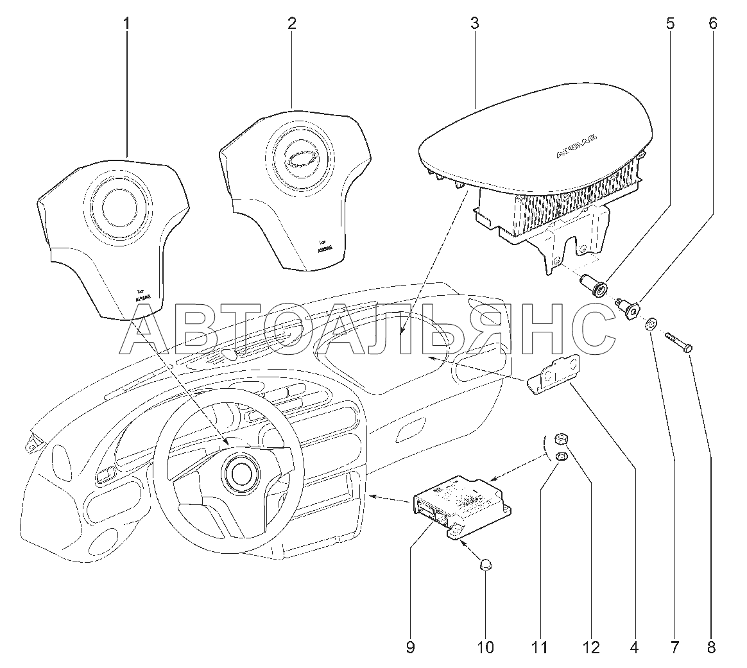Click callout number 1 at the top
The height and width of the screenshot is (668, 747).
[x=126, y=24]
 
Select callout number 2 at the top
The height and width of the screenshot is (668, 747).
[x=291, y=24]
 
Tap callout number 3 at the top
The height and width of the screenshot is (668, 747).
[x=474, y=24]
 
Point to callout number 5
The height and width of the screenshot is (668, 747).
[x=670, y=24]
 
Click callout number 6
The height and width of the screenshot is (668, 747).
[x=713, y=24]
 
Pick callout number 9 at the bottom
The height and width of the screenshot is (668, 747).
[x=410, y=647]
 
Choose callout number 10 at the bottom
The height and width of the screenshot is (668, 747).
[x=486, y=647]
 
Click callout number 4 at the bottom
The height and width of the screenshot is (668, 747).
[x=634, y=647]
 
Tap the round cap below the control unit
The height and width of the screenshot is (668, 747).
[x=486, y=565]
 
